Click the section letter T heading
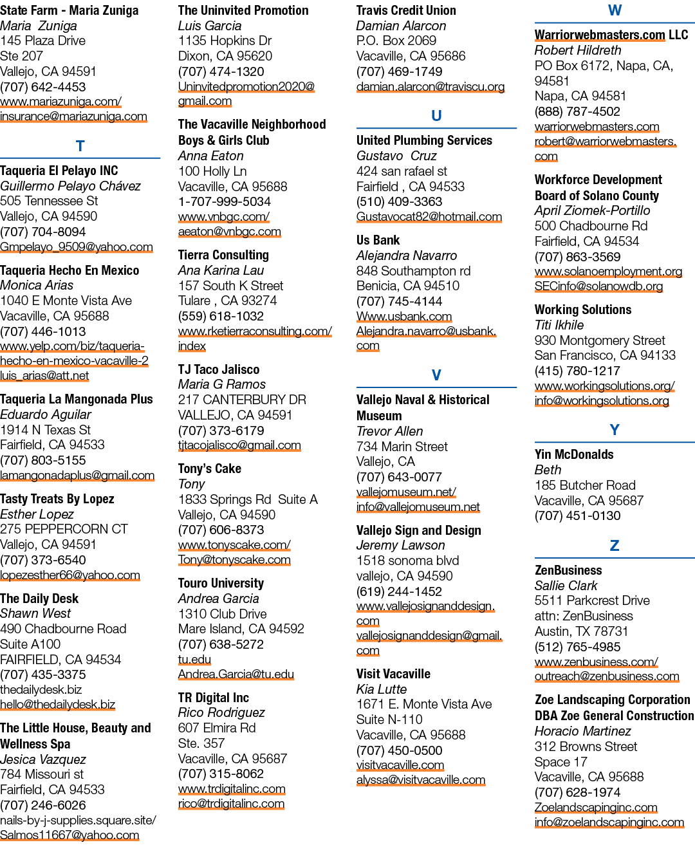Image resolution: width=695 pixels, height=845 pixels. point(80,146)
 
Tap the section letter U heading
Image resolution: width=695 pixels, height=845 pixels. point(436,116)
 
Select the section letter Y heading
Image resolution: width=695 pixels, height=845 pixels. point(615,430)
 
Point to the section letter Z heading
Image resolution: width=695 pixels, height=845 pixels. point(615,545)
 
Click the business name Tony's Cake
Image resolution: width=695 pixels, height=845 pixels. point(210,469)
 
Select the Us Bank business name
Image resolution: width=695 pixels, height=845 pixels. point(378,240)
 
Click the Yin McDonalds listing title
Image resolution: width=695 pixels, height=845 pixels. point(574,454)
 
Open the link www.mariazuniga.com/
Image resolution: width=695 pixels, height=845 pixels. point(60,102)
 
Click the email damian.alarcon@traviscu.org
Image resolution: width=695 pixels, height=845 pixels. point(431,86)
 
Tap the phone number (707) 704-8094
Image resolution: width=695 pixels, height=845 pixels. point(43,232)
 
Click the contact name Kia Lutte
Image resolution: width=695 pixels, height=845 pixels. point(382,689)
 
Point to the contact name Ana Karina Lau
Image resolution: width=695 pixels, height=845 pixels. point(221,270)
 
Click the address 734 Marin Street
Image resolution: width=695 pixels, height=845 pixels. point(402,447)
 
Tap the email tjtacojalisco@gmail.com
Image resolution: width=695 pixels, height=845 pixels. point(239,445)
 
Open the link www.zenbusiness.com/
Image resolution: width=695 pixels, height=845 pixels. point(596,662)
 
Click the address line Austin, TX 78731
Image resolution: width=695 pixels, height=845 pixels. point(581,631)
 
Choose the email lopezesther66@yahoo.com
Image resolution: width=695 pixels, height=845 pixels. point(70,575)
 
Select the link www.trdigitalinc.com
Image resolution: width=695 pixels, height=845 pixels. point(232,788)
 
